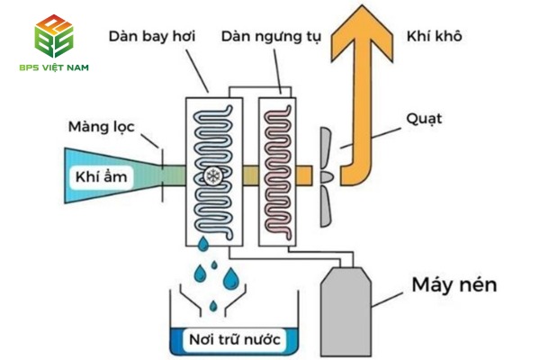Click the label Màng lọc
[101, 127]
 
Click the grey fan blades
[329, 175]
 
